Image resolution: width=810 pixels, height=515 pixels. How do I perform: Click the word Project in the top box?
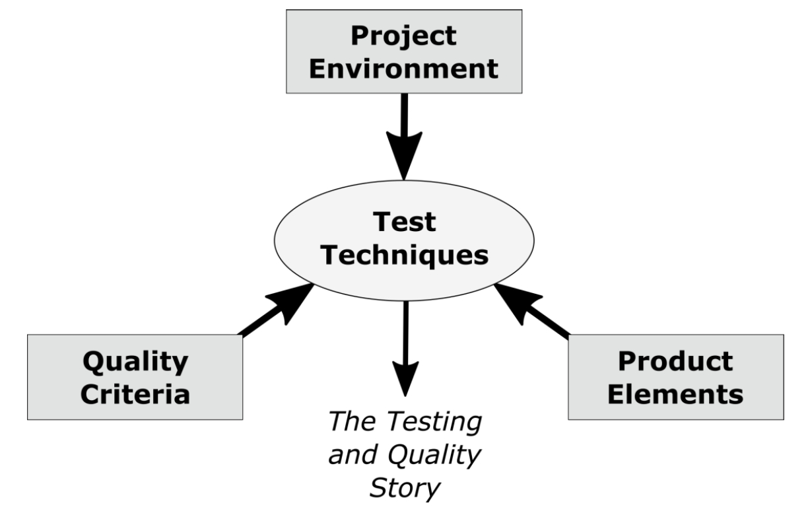(404, 36)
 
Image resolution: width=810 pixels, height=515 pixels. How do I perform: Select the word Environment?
(404, 69)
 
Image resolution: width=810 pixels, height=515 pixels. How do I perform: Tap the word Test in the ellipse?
(405, 223)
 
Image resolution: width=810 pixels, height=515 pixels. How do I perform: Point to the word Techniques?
(405, 256)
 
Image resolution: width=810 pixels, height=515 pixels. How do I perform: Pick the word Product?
(675, 361)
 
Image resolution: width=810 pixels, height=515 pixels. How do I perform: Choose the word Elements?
(675, 395)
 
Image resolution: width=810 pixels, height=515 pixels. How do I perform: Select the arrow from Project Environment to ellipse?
(404, 132)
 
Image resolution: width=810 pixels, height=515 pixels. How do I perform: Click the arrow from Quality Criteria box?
(277, 310)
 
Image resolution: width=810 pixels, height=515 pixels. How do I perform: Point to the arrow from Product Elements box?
(531, 310)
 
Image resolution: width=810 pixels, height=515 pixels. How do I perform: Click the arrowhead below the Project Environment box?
(404, 158)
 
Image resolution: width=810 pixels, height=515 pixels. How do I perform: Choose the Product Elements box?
(675, 377)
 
